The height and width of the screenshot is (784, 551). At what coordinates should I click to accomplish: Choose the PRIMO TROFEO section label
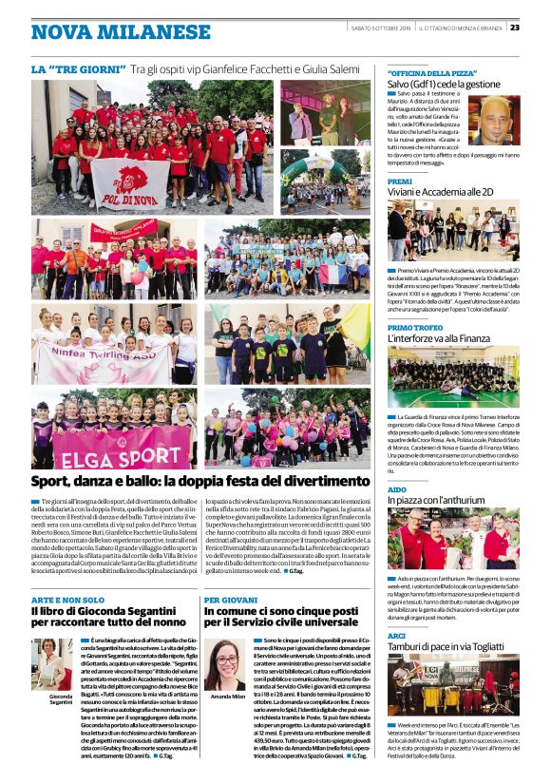pos(415,327)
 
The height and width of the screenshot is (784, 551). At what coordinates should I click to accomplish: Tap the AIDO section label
pos(397,488)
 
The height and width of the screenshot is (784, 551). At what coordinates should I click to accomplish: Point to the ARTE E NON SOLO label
pos(68,601)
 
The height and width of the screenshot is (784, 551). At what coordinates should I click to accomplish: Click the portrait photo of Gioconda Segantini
pos(52,661)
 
